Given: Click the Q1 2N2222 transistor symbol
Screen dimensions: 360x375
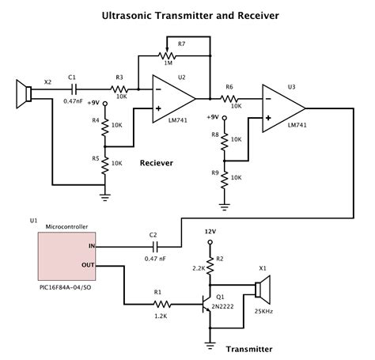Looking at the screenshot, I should [207, 304].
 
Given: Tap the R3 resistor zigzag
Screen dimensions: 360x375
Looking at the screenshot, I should [120, 89].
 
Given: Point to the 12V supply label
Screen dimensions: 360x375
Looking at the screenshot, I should [210, 232].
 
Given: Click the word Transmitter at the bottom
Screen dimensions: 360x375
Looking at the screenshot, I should [249, 349].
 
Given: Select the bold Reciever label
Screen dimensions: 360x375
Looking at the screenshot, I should [156, 162].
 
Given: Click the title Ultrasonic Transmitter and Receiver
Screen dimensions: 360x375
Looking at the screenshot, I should [187, 14].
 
